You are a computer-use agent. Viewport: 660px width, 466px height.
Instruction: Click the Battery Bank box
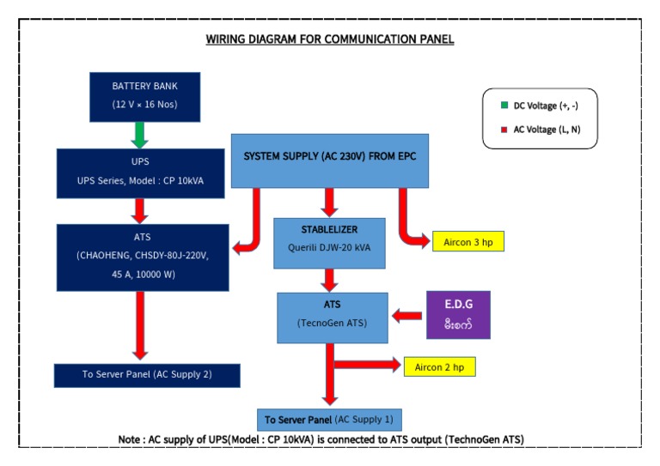pos(144,95)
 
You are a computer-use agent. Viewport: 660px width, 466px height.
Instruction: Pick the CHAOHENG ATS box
pos(142,257)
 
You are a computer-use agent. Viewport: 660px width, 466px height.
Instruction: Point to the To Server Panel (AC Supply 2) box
pos(141,375)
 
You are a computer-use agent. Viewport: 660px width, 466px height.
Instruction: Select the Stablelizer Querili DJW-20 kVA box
pos(328,242)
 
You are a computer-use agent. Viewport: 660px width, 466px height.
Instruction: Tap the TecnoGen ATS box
pos(328,317)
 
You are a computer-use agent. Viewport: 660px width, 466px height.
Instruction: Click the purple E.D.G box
pos(458,314)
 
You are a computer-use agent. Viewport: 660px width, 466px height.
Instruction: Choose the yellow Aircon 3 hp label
pos(467,241)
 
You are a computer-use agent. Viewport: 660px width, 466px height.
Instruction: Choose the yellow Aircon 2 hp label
pos(439,366)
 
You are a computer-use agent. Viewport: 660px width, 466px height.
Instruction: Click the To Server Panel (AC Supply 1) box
pos(329,420)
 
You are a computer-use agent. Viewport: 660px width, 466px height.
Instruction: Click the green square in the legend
pos(504,106)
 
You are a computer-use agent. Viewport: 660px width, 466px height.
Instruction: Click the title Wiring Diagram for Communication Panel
pos(330,39)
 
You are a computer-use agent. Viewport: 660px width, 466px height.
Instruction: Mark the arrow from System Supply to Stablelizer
pos(328,203)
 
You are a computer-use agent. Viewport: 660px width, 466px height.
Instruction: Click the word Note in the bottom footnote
pos(133,439)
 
